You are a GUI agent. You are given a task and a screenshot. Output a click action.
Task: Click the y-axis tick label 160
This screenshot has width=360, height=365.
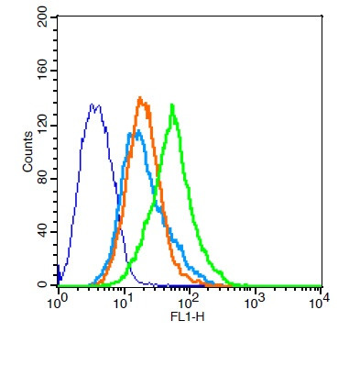(42, 72)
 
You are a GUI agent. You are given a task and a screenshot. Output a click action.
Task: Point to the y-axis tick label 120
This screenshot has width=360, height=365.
(42, 126)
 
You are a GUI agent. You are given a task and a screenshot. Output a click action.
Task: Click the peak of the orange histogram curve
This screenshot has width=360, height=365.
(139, 97)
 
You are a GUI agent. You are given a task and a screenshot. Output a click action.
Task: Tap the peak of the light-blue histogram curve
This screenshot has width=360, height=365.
(137, 133)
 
